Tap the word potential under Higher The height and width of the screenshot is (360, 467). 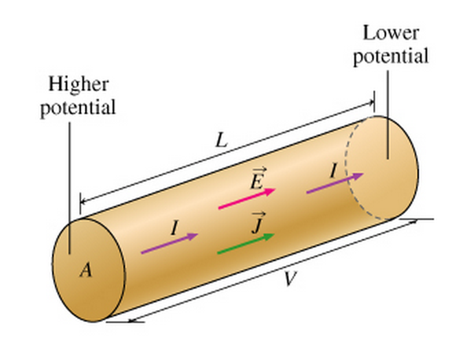[x=78, y=108]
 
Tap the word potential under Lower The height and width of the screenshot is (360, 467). [x=391, y=56]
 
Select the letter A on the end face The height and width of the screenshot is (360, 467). [x=85, y=271]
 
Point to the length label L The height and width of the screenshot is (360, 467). [x=221, y=140]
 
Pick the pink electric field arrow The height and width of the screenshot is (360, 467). [x=247, y=199]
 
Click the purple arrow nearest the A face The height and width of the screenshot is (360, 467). [x=169, y=244]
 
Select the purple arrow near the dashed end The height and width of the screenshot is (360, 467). [x=334, y=183]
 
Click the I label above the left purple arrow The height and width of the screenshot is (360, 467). [x=174, y=228]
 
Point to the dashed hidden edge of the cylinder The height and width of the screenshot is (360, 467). [x=349, y=172]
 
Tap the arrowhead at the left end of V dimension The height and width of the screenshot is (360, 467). [x=130, y=317]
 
